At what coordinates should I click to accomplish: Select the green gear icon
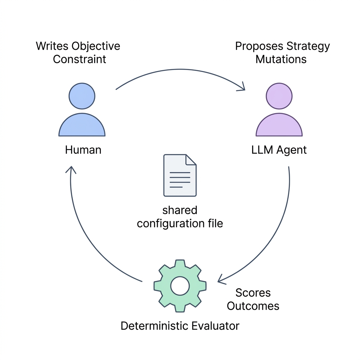180,286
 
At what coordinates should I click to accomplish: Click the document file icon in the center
180,175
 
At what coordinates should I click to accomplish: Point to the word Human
83,150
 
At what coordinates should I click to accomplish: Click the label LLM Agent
279,150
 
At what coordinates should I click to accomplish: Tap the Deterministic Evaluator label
180,326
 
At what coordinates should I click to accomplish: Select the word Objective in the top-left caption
96,46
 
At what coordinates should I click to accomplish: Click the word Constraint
79,59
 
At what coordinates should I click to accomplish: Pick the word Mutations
281,59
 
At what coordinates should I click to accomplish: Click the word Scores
253,293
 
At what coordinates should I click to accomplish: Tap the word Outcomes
253,306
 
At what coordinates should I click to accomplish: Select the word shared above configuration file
180,210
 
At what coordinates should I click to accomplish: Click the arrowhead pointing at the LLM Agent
242,87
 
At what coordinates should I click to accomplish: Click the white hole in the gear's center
180,286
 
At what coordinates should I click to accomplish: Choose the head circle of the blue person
82,96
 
